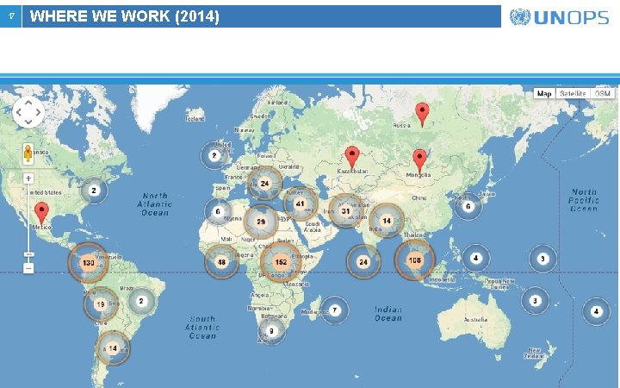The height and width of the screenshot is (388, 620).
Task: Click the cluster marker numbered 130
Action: click(x=88, y=262)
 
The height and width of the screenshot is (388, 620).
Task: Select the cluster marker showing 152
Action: click(x=280, y=262)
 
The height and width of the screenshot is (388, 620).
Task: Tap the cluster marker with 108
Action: click(x=415, y=260)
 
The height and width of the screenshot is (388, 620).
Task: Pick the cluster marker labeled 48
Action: click(x=221, y=262)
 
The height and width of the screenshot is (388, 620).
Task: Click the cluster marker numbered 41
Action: click(x=300, y=204)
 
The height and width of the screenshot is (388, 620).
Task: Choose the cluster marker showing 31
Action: click(x=346, y=210)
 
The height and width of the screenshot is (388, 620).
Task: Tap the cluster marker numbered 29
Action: click(x=260, y=222)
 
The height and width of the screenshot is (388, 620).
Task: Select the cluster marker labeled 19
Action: click(x=101, y=304)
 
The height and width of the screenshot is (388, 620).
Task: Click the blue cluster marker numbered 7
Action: click(x=334, y=310)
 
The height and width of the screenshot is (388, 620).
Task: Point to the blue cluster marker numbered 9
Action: click(x=271, y=330)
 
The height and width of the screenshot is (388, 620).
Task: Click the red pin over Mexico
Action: click(x=41, y=212)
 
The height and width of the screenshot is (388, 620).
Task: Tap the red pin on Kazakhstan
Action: click(x=351, y=156)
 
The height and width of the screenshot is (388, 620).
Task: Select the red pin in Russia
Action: click(x=422, y=112)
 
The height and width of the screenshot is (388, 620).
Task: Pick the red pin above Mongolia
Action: click(x=419, y=160)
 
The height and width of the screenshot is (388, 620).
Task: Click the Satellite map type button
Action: click(x=572, y=93)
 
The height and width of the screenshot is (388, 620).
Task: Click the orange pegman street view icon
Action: click(x=28, y=154)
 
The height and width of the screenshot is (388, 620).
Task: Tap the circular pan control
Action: click(x=28, y=111)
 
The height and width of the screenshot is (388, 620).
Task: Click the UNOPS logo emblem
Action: click(x=520, y=16)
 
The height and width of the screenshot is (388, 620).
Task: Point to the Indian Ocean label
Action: click(x=387, y=313)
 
